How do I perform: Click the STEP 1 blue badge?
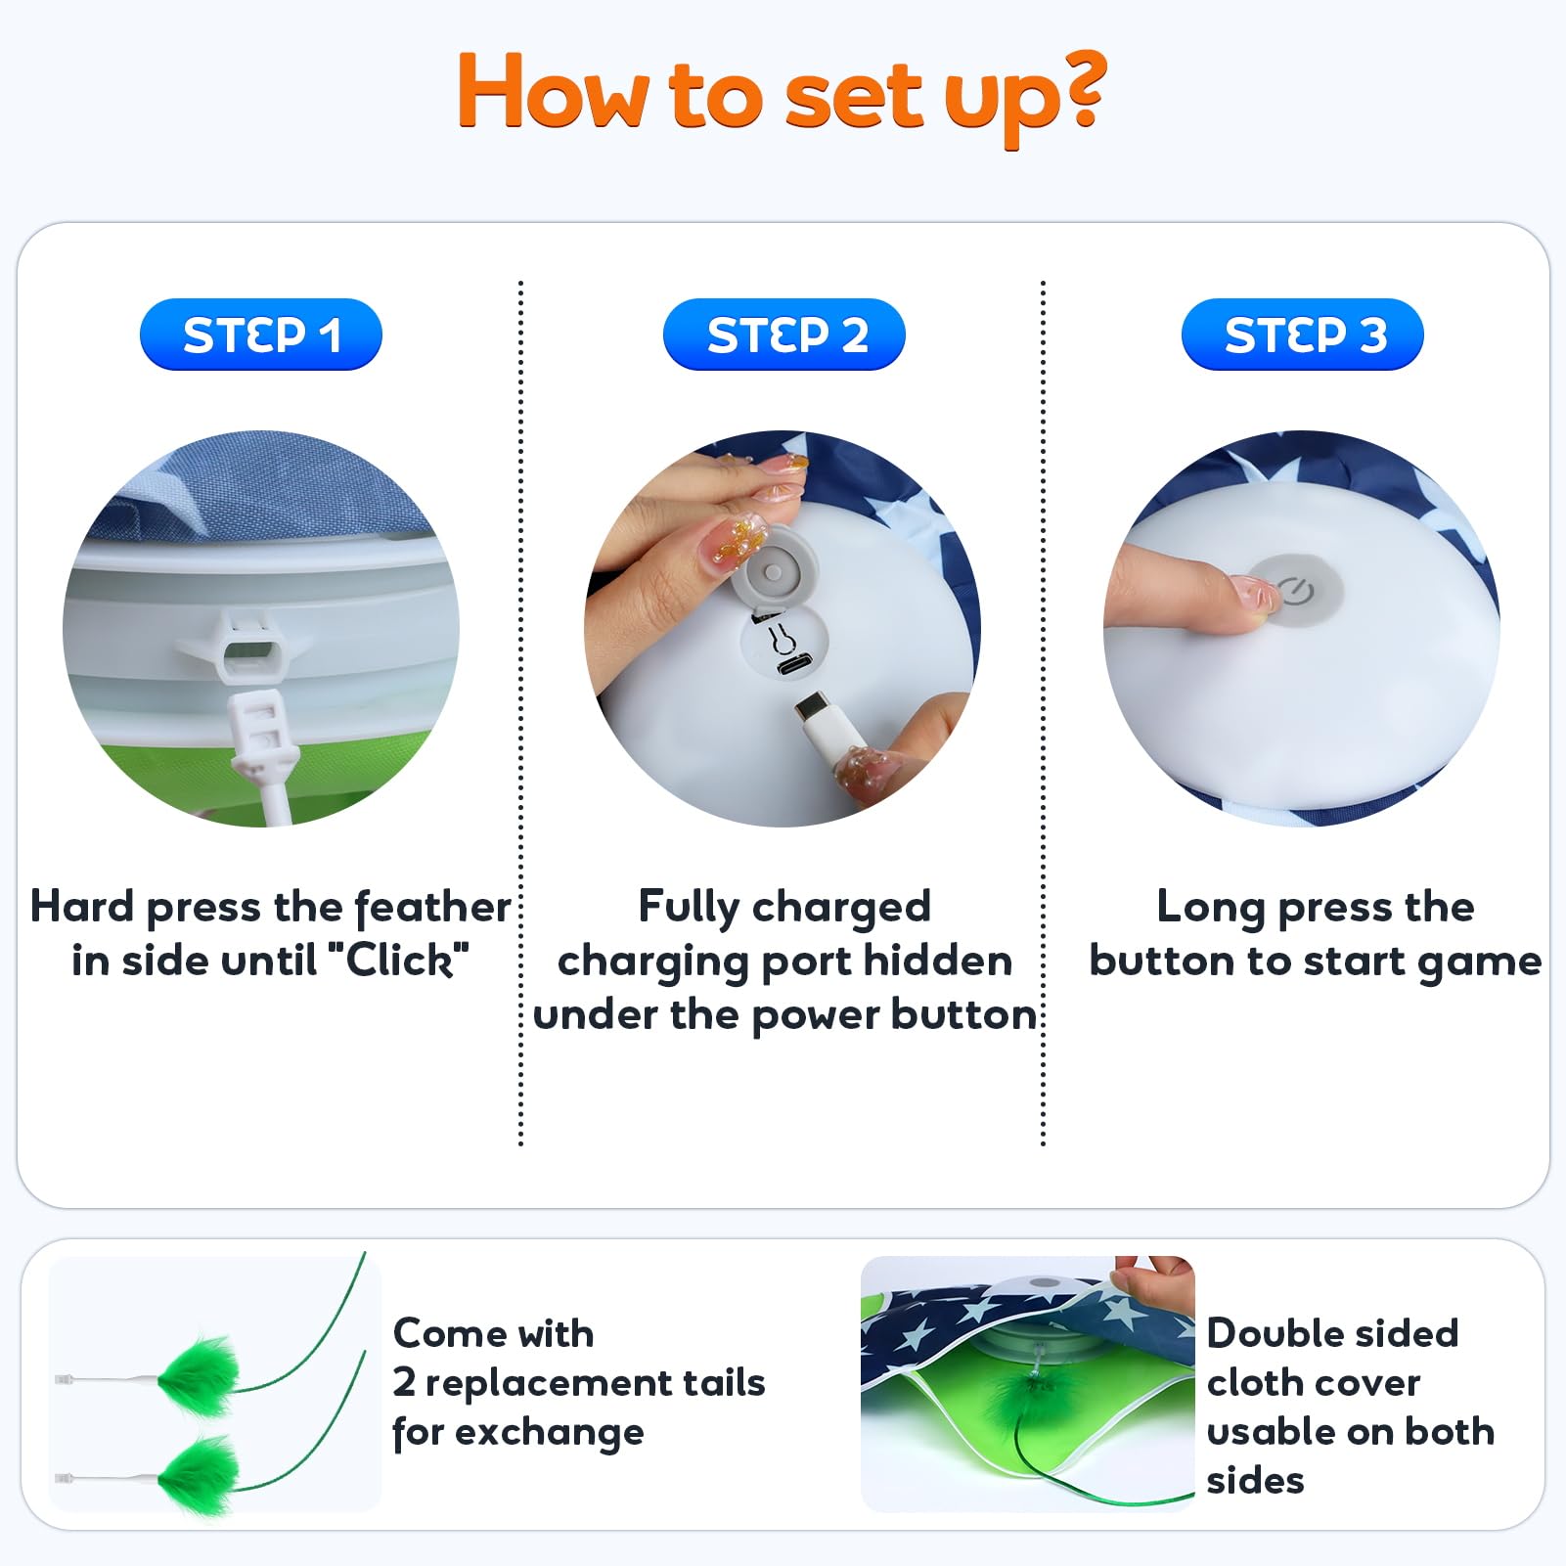(x=261, y=335)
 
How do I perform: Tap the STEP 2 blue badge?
(x=784, y=335)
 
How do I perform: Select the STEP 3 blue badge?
(x=1303, y=335)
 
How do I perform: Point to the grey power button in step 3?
(x=1297, y=590)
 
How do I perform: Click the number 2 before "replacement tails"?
(x=404, y=1383)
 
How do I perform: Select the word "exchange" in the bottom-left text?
(x=550, y=1433)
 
